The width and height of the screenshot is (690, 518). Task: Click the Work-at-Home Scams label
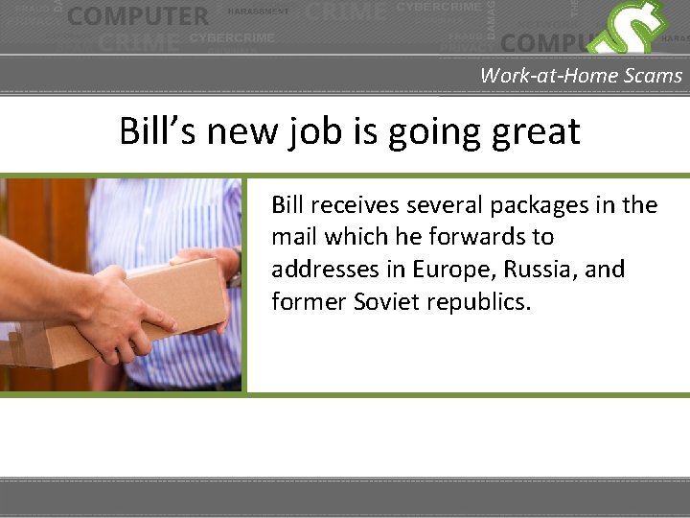581,75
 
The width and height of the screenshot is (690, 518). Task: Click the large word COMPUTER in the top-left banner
138,16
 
